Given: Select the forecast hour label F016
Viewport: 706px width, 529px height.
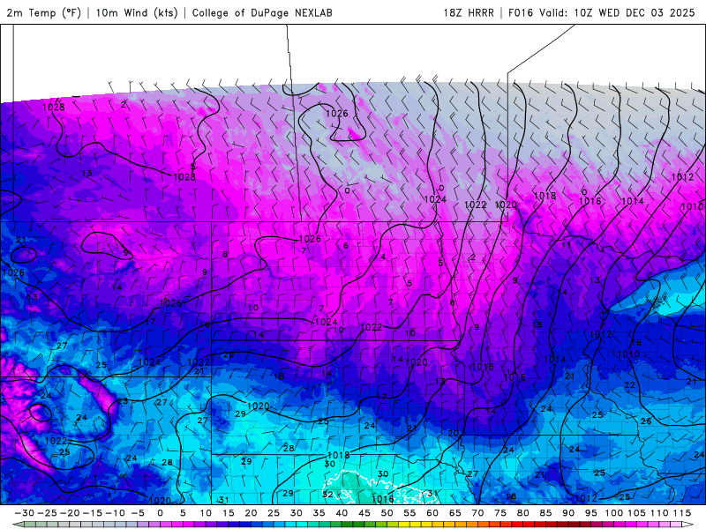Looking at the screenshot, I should coord(522,13).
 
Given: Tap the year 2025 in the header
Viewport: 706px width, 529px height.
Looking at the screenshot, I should coord(680,13).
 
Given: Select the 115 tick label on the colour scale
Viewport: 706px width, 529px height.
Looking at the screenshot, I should coord(680,512).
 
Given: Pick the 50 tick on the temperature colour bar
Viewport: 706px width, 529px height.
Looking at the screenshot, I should coord(387,512).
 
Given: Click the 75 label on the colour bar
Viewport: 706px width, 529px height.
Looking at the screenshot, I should coord(499,512).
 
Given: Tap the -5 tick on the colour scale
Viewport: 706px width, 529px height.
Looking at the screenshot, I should coord(137,512).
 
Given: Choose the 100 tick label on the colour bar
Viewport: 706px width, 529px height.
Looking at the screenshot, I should coord(612,512).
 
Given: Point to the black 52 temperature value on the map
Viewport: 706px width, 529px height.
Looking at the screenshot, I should coord(327,495).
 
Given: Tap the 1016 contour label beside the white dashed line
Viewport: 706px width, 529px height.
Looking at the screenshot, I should coord(383,499).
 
